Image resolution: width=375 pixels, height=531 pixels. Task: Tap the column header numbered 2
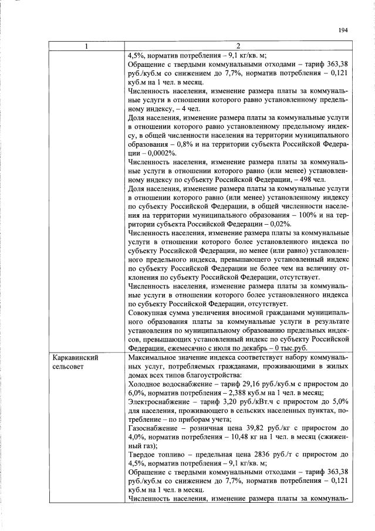tap(237, 46)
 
